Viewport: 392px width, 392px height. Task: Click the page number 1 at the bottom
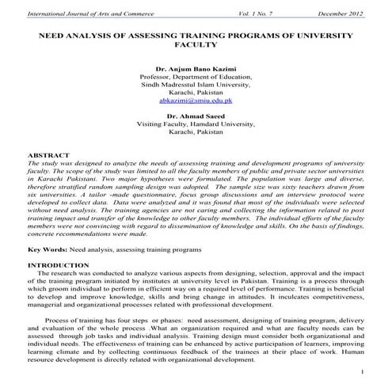coord(361,370)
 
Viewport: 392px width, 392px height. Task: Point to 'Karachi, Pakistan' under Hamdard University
coord(195,131)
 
